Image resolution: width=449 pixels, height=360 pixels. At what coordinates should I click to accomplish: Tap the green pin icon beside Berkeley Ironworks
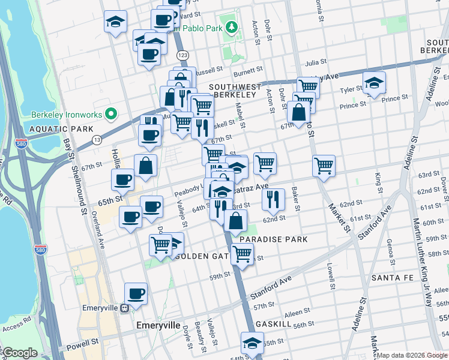(110, 113)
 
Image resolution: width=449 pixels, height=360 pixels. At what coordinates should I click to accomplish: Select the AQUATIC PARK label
(59, 129)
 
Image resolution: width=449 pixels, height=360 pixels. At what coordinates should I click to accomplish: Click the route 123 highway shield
(184, 55)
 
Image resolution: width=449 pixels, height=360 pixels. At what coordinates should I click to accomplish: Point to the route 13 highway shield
(96, 140)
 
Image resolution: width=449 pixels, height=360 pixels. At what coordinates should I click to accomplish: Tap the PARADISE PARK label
(273, 239)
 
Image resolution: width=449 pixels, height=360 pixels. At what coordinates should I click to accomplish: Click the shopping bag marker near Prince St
(298, 112)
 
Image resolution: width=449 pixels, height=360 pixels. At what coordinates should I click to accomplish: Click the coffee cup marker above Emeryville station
(136, 294)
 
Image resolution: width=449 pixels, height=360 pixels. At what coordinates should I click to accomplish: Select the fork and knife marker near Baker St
(273, 199)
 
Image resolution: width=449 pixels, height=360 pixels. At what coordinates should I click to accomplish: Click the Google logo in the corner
(19, 353)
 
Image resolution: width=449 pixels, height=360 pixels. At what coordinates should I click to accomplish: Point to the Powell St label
(84, 343)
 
